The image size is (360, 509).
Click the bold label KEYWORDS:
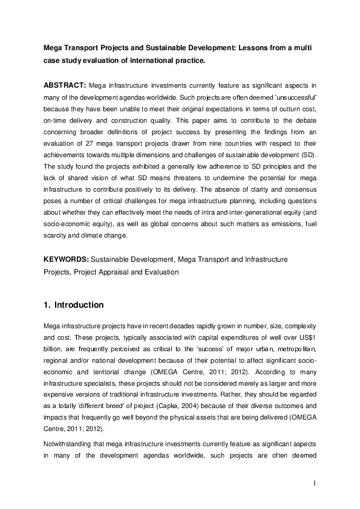65,259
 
